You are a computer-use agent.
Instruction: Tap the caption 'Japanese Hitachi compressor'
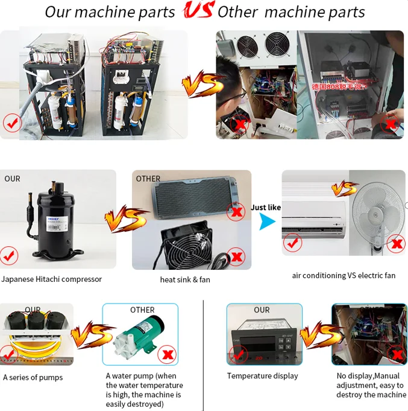52,279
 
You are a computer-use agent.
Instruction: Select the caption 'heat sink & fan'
185,279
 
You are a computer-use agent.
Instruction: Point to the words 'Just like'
266,207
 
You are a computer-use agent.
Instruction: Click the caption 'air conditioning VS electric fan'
344,275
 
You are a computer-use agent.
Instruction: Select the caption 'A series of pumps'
33,378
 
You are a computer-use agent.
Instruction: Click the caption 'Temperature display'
262,376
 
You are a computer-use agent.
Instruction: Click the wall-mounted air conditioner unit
315,212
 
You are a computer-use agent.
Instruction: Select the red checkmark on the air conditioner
292,243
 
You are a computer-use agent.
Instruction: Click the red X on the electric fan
397,244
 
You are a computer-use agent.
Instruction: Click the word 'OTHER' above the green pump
142,310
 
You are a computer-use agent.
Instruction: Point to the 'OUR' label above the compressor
12,179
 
